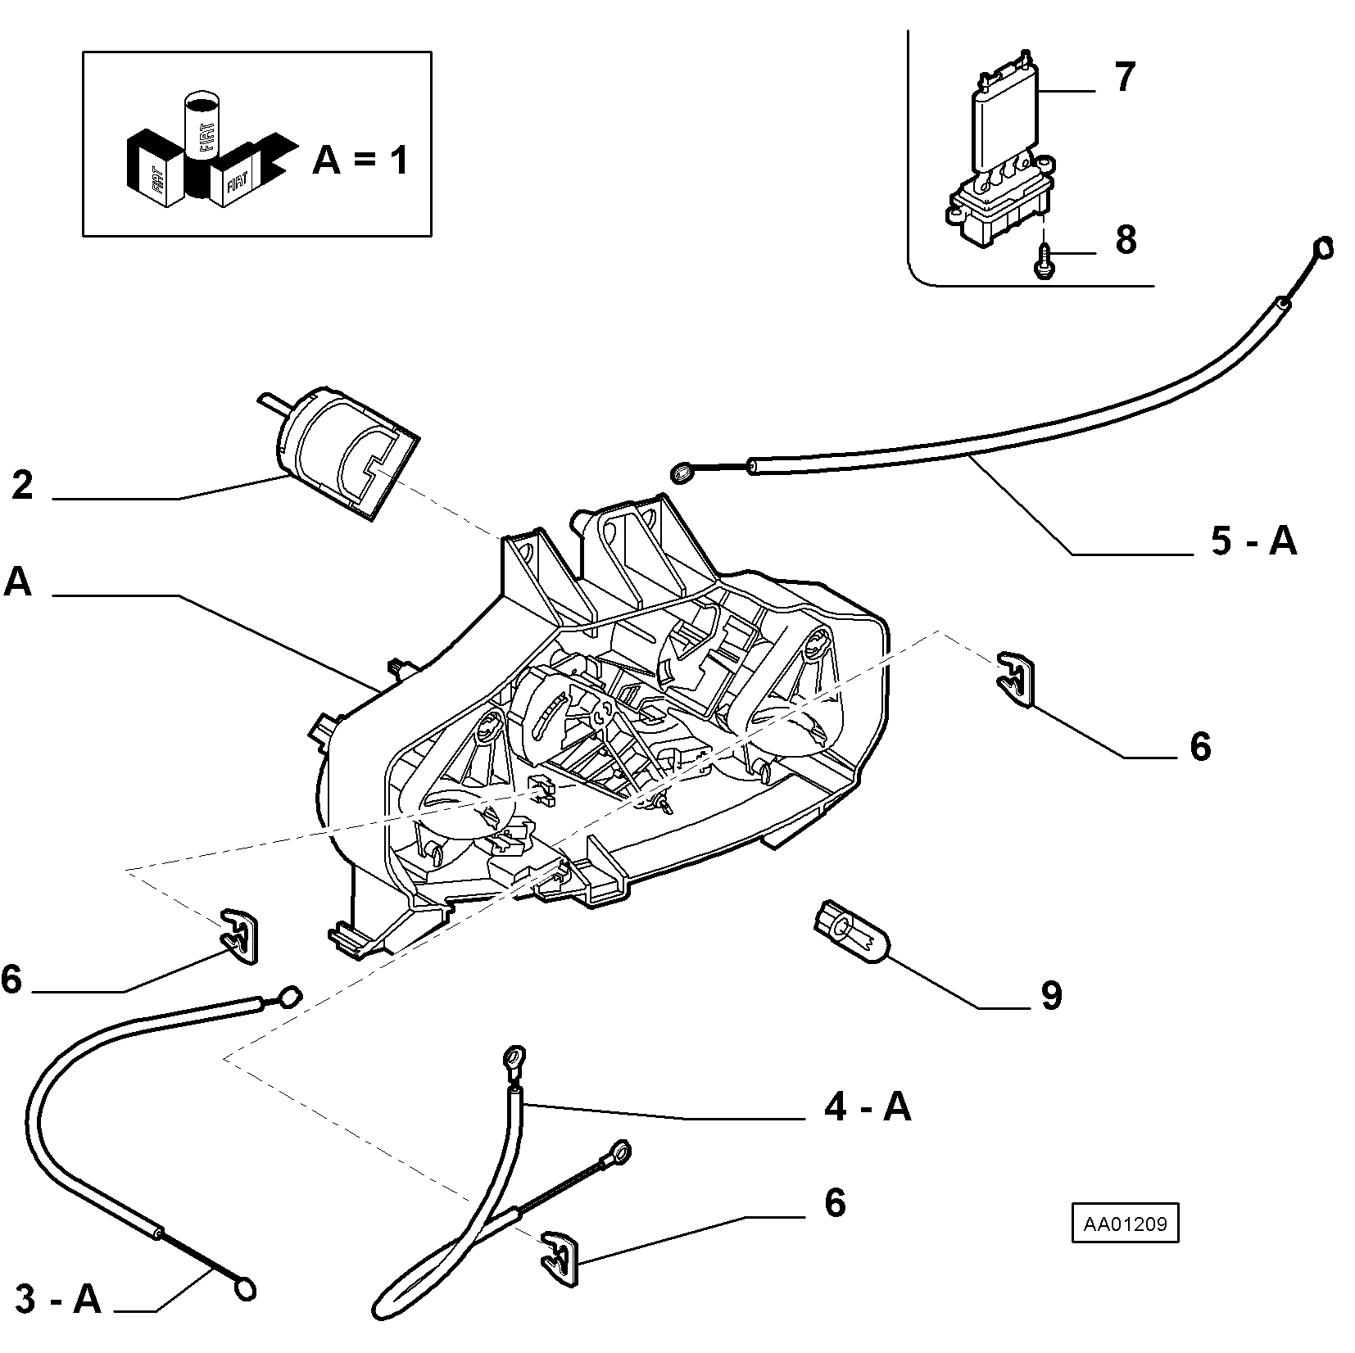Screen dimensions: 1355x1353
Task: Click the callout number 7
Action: coord(1124,77)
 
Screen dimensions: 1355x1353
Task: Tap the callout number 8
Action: coord(1126,240)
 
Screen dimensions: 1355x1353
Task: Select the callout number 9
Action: coord(1051,995)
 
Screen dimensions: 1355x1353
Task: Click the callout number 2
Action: coord(23,485)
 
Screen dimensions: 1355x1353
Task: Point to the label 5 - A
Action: coord(1254,541)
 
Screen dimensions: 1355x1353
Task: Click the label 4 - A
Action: coord(868,1107)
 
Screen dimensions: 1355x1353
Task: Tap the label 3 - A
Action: coord(58,1300)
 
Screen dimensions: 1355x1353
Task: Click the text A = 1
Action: coord(360,161)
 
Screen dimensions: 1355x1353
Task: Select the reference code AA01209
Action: coord(1126,1225)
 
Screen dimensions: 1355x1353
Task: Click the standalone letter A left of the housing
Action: coord(18,581)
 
